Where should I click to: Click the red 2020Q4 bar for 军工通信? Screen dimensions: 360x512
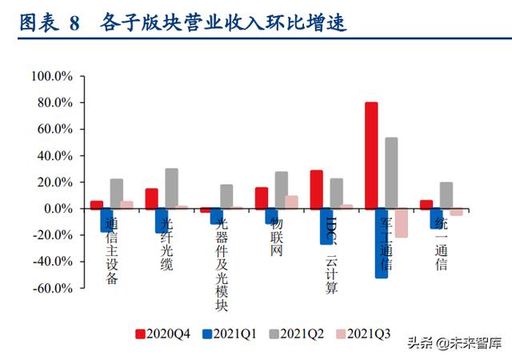pyautogui.click(x=371, y=155)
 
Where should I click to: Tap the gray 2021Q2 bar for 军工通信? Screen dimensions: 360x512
pyautogui.click(x=391, y=173)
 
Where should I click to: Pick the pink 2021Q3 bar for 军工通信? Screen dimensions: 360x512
pyautogui.click(x=401, y=222)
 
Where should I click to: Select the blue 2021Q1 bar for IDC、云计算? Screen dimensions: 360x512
pyautogui.click(x=326, y=226)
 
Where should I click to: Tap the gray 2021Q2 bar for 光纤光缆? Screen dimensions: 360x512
pyautogui.click(x=171, y=188)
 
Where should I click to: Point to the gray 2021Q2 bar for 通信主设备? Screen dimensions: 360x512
pyautogui.click(x=117, y=194)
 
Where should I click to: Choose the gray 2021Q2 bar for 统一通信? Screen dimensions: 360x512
pyautogui.click(x=446, y=195)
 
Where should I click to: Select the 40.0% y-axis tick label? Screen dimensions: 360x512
pyautogui.click(x=53, y=156)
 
